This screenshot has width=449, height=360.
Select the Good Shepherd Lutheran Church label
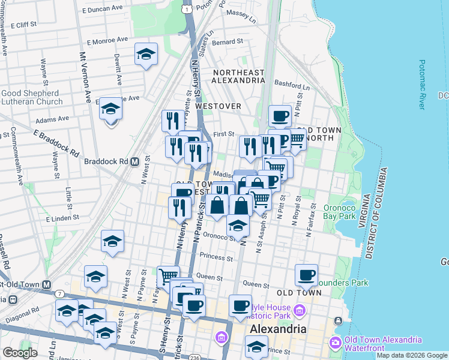click(x=31, y=98)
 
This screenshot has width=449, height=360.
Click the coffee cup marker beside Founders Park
click(x=307, y=275)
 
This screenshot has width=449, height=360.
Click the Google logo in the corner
click(x=19, y=353)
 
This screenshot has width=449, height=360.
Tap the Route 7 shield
click(x=60, y=293)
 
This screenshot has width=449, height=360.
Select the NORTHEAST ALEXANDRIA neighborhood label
click(x=238, y=77)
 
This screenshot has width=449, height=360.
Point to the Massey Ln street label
click(x=244, y=12)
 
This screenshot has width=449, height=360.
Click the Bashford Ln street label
click(x=292, y=85)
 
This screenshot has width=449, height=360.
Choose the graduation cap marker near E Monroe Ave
click(x=146, y=55)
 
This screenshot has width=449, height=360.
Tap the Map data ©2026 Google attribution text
click(x=412, y=355)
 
